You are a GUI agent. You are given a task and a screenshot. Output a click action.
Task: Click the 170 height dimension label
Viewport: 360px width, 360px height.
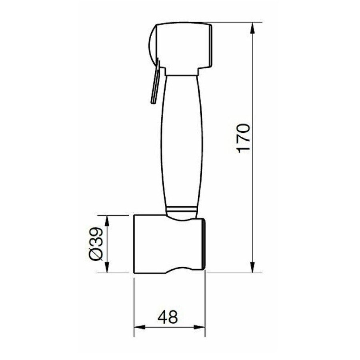pyautogui.click(x=244, y=138)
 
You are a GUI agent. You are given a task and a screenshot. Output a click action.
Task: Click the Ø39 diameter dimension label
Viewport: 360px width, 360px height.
pyautogui.click(x=96, y=244)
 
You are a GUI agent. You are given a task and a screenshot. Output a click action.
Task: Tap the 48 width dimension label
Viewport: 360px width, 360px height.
pyautogui.click(x=168, y=317)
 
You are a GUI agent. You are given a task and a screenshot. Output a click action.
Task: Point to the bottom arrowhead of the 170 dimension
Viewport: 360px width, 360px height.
pyautogui.click(x=252, y=267)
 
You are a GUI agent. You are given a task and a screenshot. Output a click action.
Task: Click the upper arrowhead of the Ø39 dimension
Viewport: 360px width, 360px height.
pyautogui.click(x=107, y=221)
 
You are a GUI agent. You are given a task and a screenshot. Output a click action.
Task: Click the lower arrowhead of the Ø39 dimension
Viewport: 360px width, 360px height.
pyautogui.click(x=107, y=267)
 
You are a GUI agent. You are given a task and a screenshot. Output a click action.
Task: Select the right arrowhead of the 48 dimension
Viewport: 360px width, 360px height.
pyautogui.click(x=199, y=327)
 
